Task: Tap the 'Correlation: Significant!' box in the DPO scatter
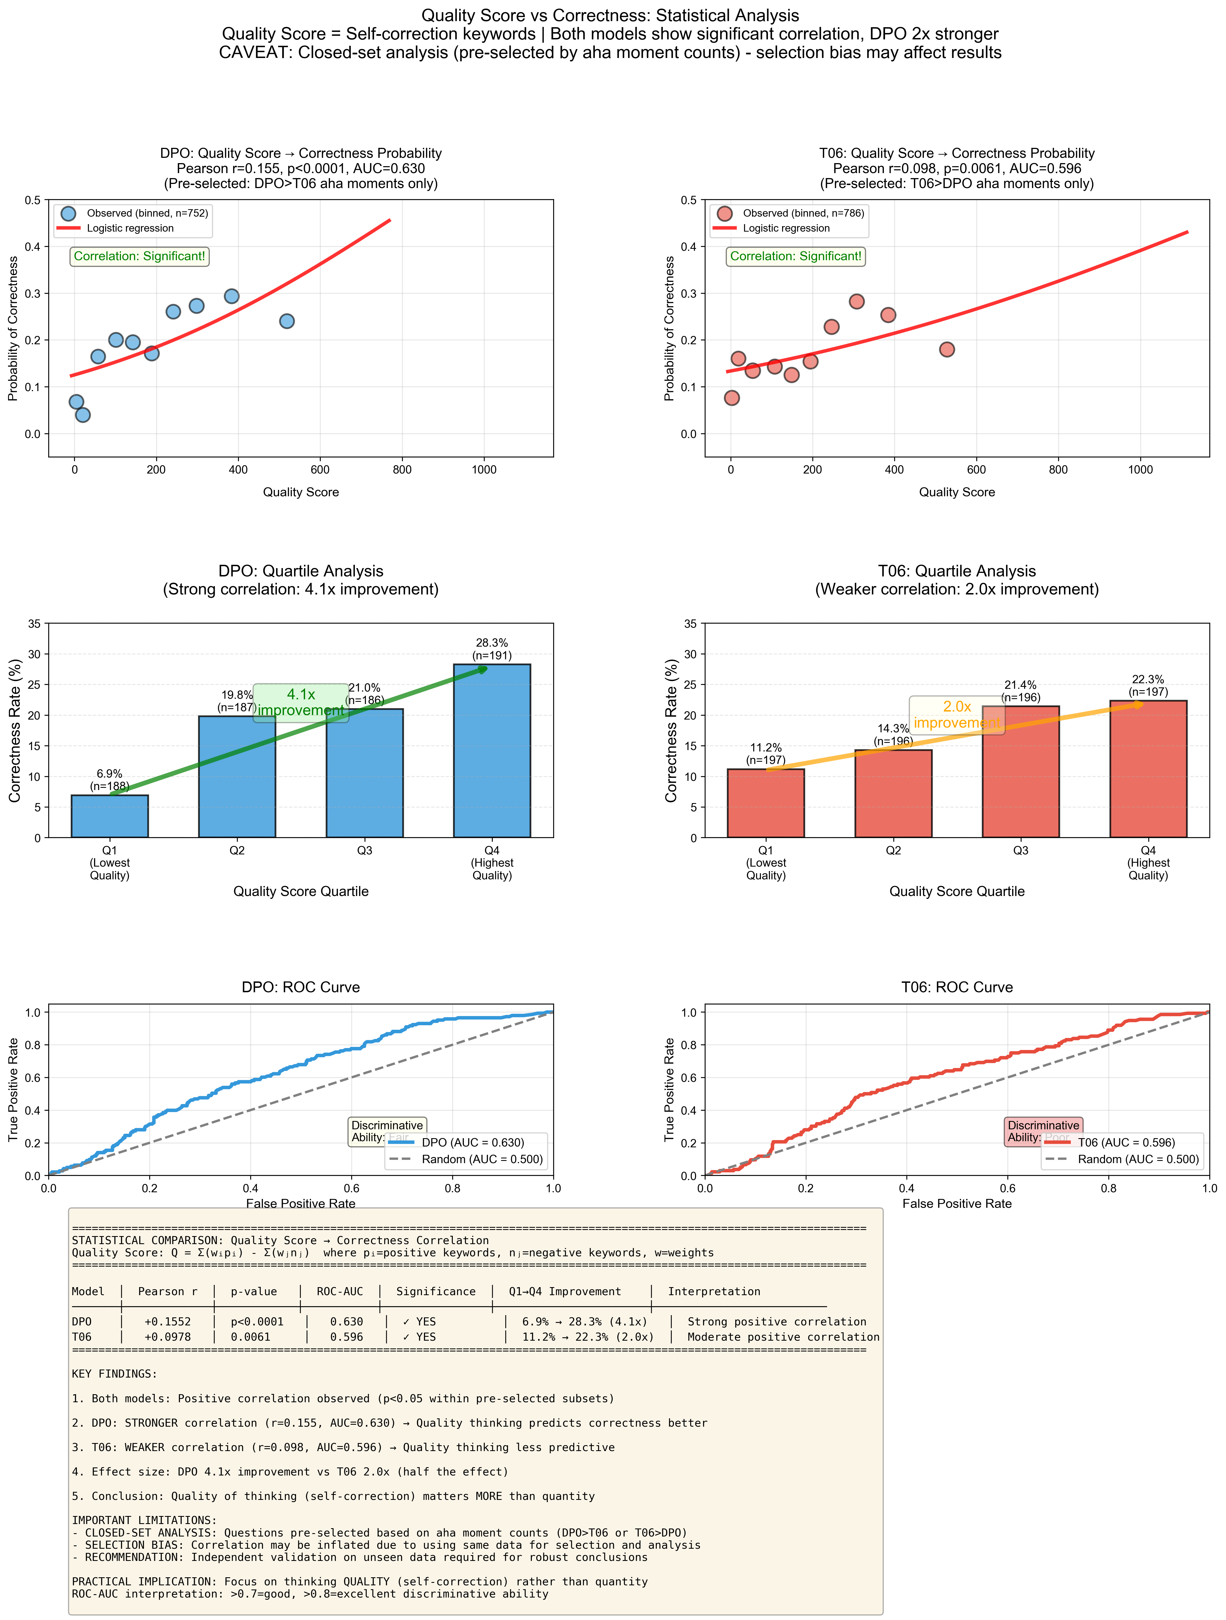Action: point(139,256)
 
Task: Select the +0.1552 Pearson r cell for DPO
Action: point(168,1322)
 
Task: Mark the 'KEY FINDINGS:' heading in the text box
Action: point(114,1374)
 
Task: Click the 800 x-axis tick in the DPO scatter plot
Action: point(402,470)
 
